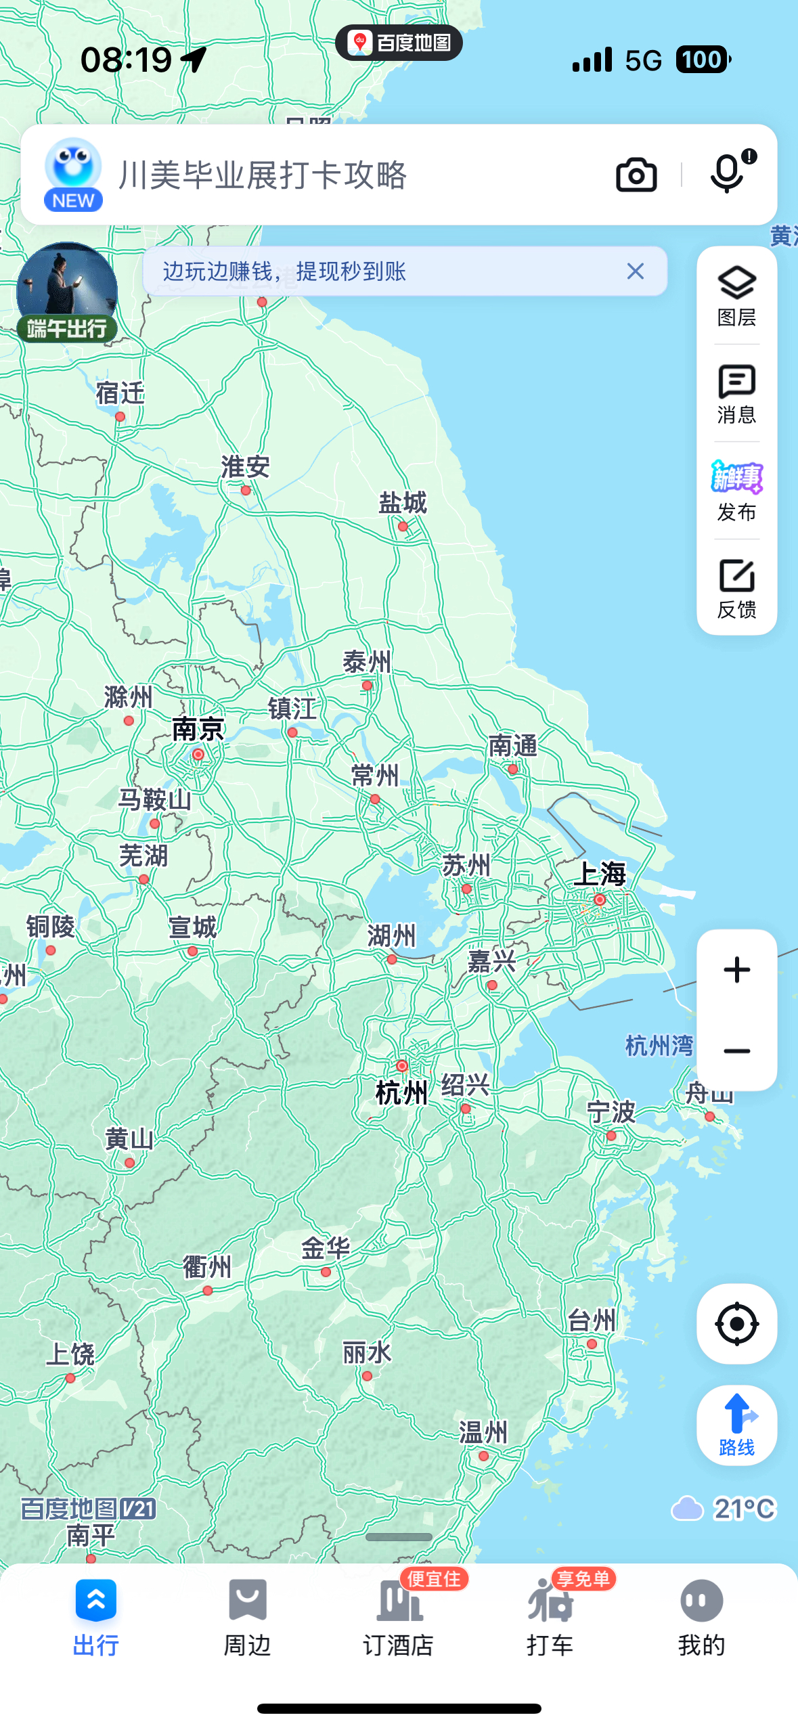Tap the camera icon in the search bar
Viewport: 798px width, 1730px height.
pyautogui.click(x=636, y=175)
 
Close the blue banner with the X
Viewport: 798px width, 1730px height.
pyautogui.click(x=635, y=271)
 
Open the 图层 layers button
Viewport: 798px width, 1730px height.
pyautogui.click(x=736, y=296)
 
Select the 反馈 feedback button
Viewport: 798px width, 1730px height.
pyautogui.click(x=736, y=588)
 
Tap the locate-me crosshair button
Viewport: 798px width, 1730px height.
pyautogui.click(x=736, y=1323)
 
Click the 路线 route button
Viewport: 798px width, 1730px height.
pyautogui.click(x=736, y=1425)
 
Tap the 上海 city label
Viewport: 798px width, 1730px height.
pyautogui.click(x=600, y=874)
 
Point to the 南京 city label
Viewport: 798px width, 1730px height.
pyautogui.click(x=198, y=730)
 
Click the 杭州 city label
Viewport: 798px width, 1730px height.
pyautogui.click(x=401, y=1092)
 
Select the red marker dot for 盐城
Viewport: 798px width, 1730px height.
pyautogui.click(x=403, y=527)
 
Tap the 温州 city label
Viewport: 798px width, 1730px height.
pyautogui.click(x=483, y=1432)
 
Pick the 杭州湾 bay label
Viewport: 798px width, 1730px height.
pyautogui.click(x=659, y=1046)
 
